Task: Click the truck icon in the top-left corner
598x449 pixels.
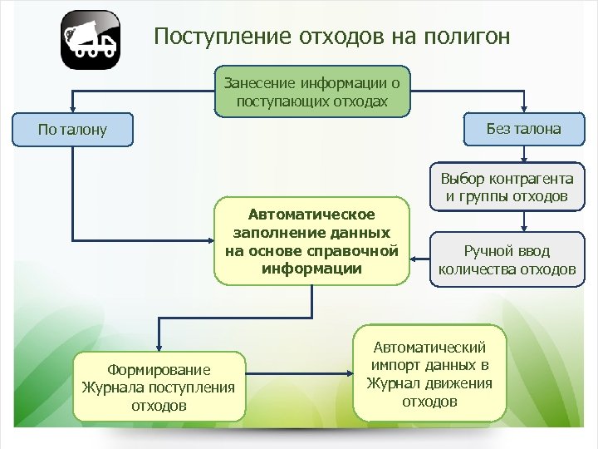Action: pos(91,39)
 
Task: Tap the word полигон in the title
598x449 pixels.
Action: pos(468,37)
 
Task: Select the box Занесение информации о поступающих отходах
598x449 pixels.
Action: pos(311,91)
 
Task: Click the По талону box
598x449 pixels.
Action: pos(73,131)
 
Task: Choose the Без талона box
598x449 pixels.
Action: pos(523,129)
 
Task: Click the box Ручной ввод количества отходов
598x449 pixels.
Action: pos(507,259)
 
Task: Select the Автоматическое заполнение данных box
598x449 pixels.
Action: pos(311,242)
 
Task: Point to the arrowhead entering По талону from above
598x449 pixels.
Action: pos(73,109)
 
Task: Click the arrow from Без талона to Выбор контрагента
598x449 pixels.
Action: pos(523,154)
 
